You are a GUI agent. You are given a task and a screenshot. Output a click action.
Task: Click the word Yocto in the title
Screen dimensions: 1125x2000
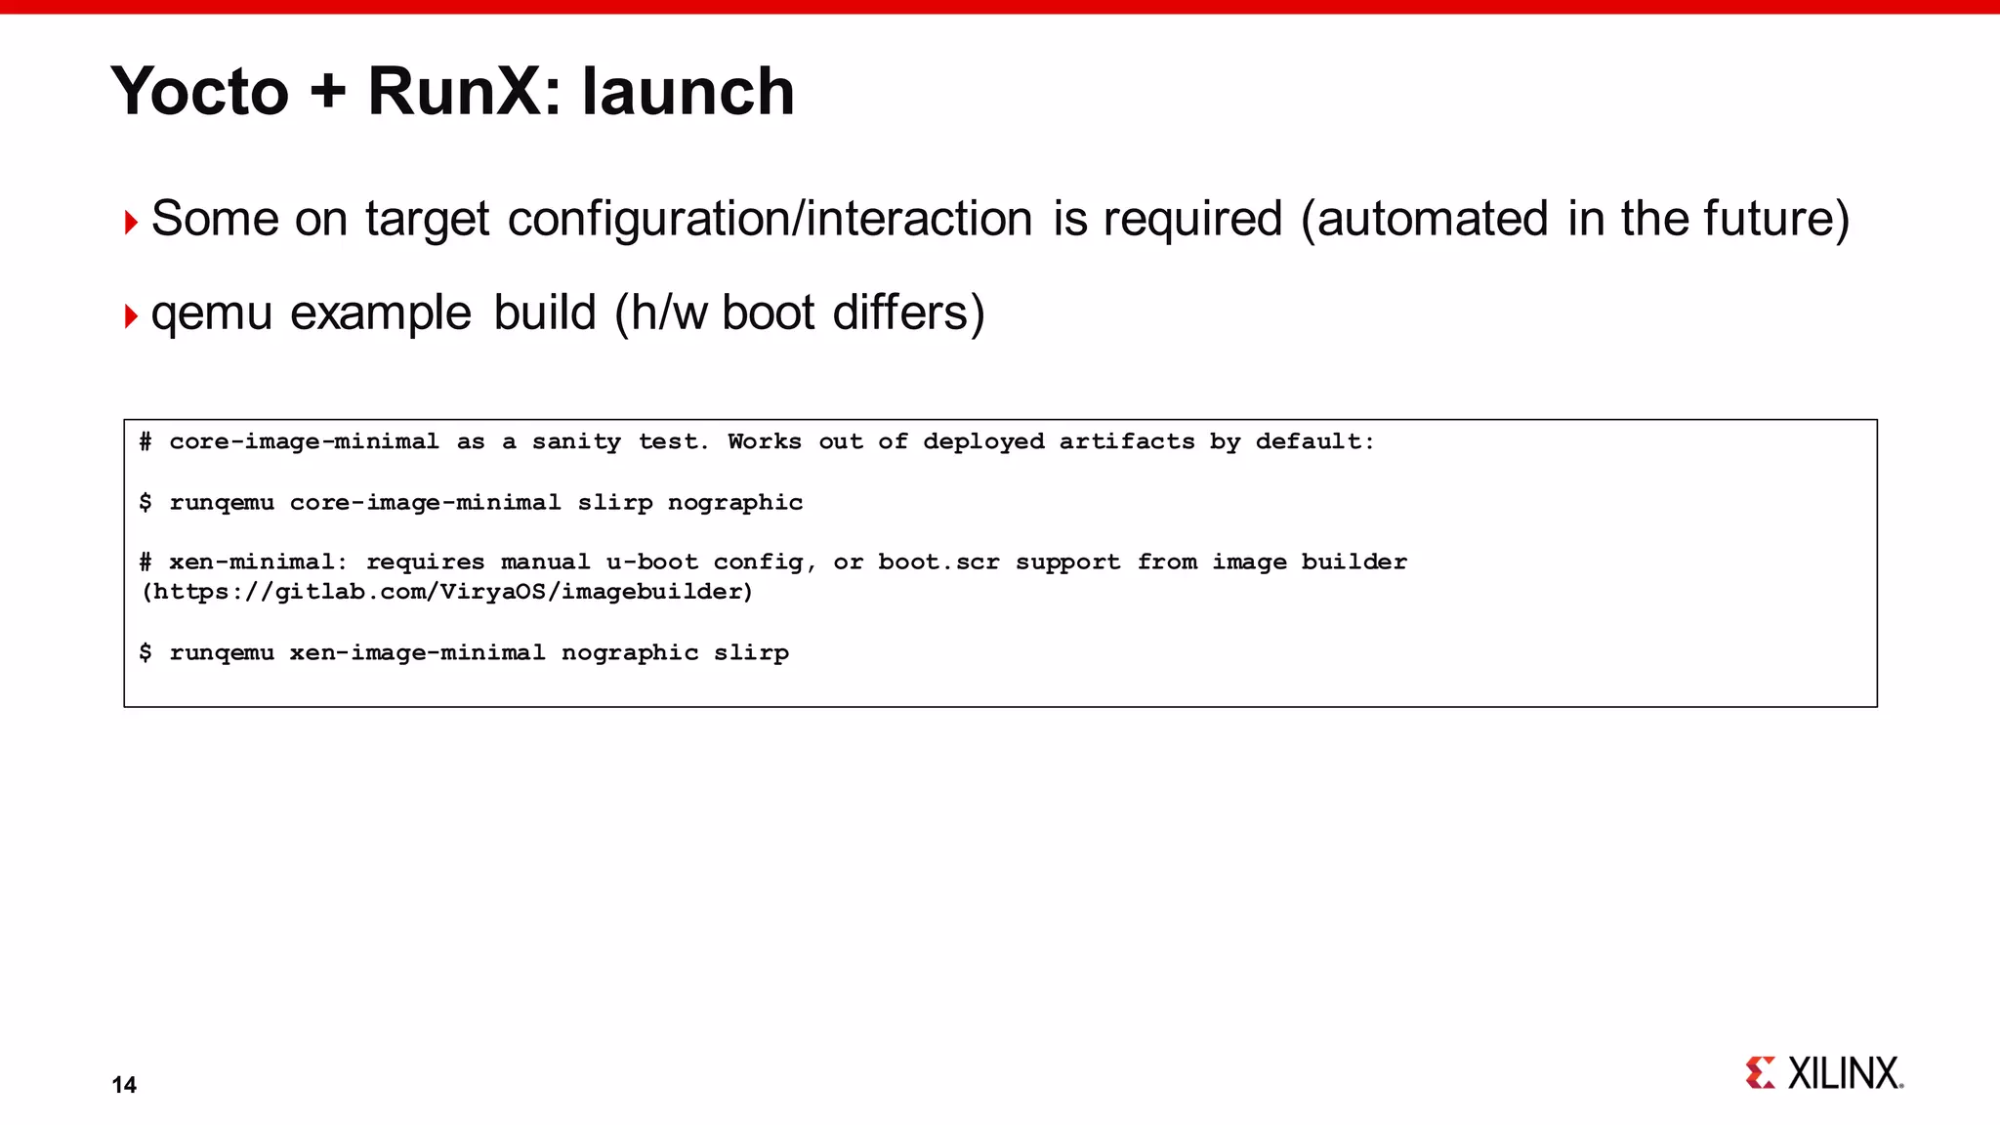200,92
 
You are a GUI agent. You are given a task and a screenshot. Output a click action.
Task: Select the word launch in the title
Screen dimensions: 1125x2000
687,92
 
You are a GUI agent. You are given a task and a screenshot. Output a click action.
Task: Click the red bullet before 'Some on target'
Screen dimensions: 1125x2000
131,223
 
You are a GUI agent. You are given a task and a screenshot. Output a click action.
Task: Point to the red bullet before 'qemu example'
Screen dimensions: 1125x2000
131,316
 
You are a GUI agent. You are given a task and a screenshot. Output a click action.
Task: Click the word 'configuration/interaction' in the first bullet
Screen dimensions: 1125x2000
770,219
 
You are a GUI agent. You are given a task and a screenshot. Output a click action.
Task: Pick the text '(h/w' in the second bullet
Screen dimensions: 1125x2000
663,313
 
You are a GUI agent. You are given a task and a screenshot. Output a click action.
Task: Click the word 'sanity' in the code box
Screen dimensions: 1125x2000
576,442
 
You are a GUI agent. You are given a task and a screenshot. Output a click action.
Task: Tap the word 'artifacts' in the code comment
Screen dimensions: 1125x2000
1127,442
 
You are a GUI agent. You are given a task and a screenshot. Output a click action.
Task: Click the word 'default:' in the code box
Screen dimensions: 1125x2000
1314,442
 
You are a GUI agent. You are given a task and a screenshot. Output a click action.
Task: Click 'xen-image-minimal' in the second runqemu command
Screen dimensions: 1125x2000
417,653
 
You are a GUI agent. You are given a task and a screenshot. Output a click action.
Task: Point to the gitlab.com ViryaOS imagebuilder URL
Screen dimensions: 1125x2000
448,593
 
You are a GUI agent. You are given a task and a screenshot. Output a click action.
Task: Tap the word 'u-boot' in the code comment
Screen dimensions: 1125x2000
651,562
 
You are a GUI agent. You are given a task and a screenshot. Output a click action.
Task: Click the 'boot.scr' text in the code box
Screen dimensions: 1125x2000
938,562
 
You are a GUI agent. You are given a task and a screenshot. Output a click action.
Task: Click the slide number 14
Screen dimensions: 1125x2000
124,1085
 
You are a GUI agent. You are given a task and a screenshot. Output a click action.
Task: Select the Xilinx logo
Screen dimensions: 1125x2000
1824,1073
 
